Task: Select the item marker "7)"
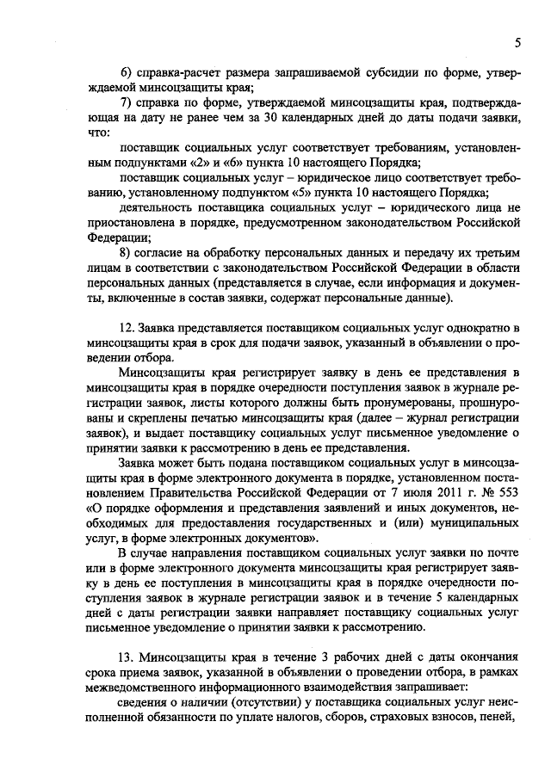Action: (x=126, y=105)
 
